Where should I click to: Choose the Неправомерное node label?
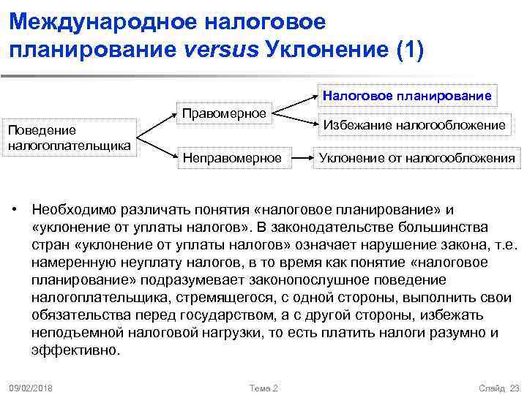[231, 157]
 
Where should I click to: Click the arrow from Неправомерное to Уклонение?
[300, 157]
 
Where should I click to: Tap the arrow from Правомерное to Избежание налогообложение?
[296, 118]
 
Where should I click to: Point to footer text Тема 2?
[263, 387]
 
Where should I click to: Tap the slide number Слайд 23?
[497, 387]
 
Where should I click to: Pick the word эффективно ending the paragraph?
[75, 350]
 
